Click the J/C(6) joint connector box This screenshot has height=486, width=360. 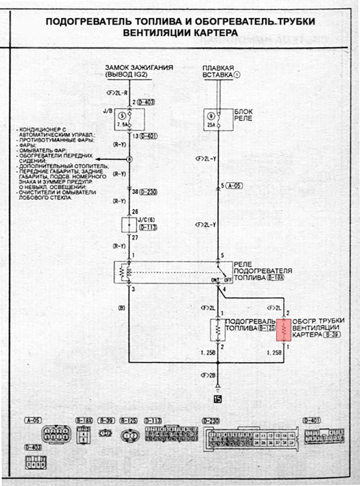129,224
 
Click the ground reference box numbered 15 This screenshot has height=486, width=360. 218,399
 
